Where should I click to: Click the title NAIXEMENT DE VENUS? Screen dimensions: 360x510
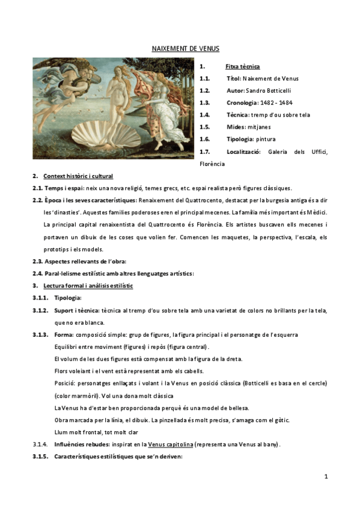(x=185, y=49)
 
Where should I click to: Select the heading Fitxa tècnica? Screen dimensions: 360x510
(x=243, y=66)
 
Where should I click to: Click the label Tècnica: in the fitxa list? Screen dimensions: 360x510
(x=238, y=114)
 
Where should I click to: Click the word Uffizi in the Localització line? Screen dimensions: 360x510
(x=318, y=151)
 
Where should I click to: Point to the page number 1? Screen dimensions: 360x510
(x=326, y=476)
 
